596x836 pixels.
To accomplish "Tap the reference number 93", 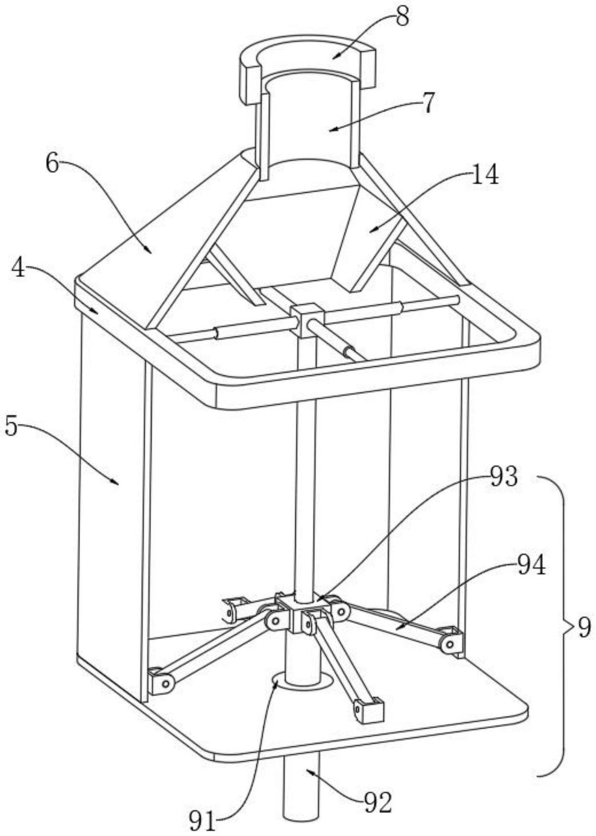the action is coord(503,476).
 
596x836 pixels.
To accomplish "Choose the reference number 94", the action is coord(531,566).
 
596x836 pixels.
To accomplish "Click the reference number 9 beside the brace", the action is coord(584,627).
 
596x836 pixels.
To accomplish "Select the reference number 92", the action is coord(378,802).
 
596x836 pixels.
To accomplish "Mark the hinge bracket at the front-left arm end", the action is coord(161,682).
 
